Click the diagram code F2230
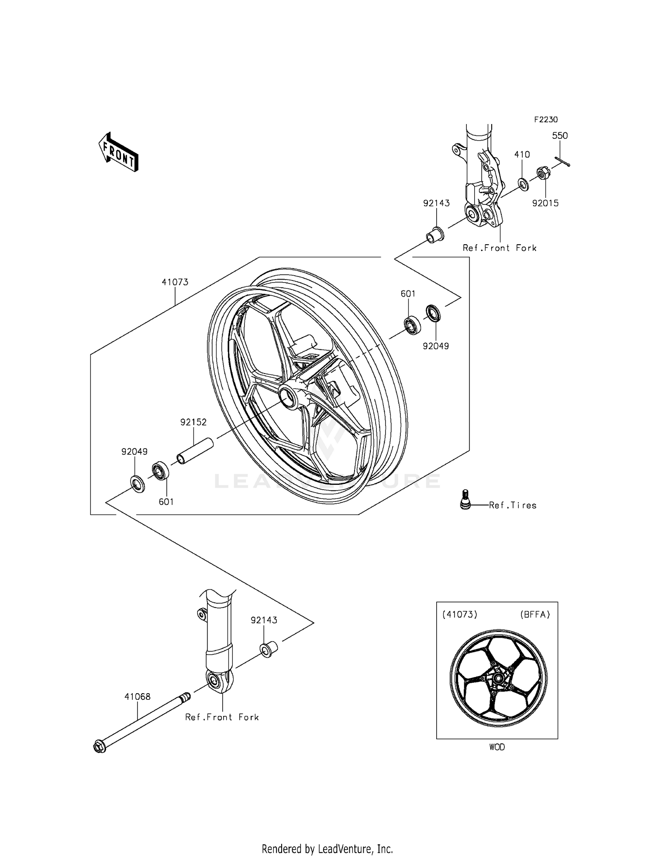click(545, 120)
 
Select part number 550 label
click(559, 136)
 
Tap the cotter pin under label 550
click(562, 162)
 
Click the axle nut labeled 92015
click(543, 174)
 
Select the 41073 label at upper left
click(175, 282)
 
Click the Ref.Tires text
click(512, 505)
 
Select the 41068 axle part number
click(137, 697)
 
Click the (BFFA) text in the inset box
click(534, 615)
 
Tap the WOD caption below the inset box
click(496, 747)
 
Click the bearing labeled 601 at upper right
click(412, 325)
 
